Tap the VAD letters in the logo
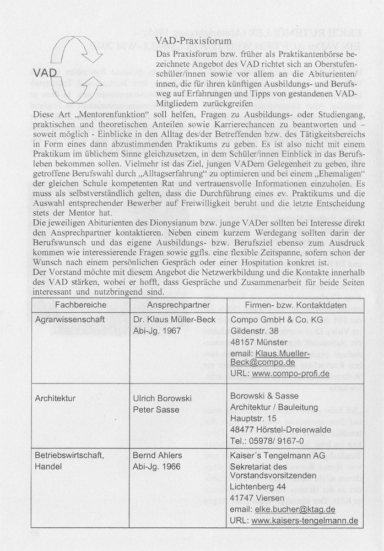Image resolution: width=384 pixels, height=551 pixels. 45,73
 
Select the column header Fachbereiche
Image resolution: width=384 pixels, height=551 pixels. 80,305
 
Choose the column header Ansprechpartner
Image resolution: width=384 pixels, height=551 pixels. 178,305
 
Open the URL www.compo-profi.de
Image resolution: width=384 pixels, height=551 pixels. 291,373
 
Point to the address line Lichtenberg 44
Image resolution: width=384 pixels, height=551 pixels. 258,488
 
